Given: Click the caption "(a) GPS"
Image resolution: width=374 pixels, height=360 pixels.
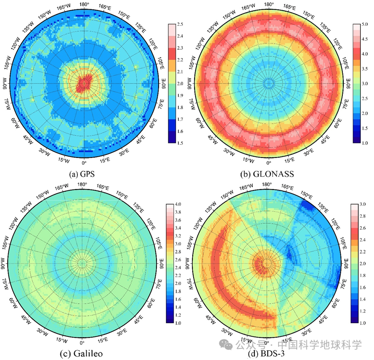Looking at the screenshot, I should (83, 174).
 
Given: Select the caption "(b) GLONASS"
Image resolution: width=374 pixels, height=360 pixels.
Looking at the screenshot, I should (267, 174).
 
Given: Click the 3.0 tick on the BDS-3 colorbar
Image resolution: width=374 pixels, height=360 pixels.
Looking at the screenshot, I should (362, 204).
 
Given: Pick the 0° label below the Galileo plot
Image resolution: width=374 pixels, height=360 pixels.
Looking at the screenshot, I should (82, 343).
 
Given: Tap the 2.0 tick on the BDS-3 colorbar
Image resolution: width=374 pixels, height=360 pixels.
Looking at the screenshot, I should (362, 264).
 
